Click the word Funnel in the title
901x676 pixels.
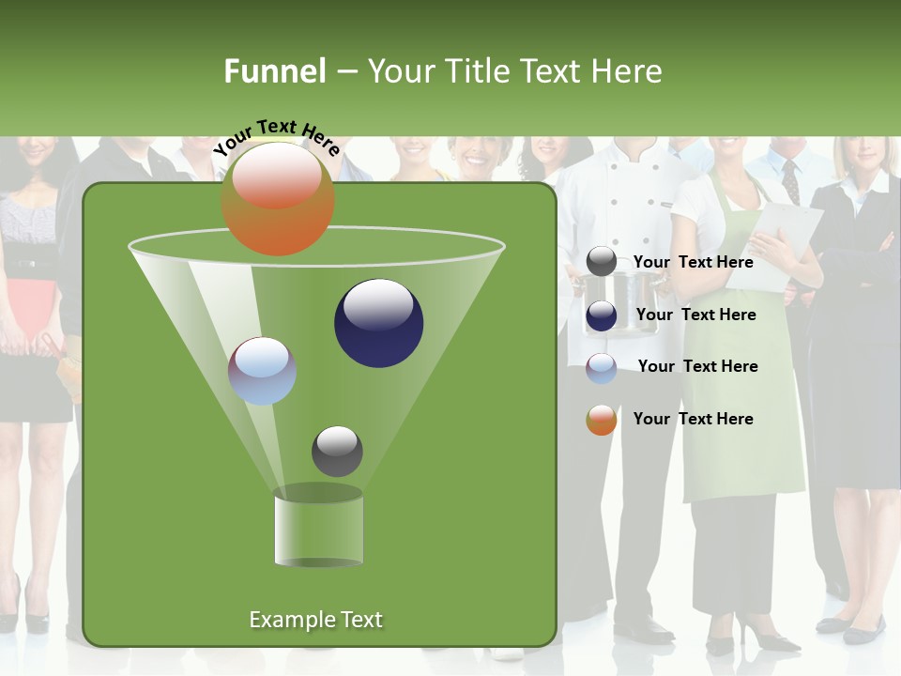click(275, 71)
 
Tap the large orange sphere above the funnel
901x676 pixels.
click(277, 198)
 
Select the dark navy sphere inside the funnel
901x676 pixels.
click(378, 323)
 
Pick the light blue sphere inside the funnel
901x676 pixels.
click(262, 371)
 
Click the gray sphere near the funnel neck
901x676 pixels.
click(337, 451)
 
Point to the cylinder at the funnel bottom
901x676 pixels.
click(318, 529)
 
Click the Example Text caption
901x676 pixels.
click(315, 620)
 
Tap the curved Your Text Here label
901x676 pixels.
click(276, 136)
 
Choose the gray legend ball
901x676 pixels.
click(601, 262)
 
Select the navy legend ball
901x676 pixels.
click(601, 315)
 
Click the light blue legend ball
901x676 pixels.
click(601, 367)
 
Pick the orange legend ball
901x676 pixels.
click(601, 420)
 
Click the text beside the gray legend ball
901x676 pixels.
click(693, 262)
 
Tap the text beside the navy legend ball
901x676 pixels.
click(695, 315)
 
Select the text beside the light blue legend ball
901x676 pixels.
click(697, 366)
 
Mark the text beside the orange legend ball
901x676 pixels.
click(693, 419)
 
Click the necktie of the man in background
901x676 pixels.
click(790, 180)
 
